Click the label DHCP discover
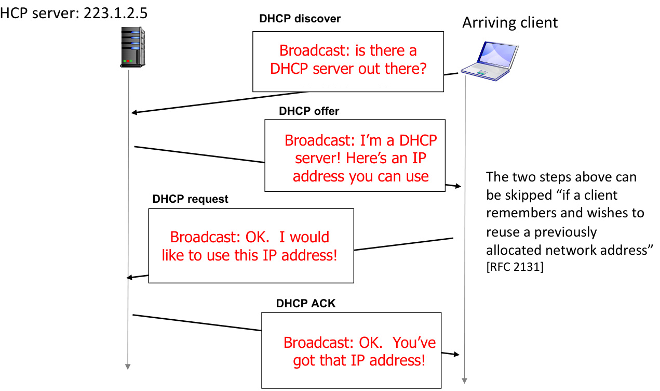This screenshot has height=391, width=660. coord(300,19)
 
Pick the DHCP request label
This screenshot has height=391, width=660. coord(190,200)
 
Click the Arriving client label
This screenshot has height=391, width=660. coord(510,22)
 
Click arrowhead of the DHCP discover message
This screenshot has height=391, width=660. coord(134,113)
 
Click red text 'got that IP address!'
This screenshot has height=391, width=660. coord(359,360)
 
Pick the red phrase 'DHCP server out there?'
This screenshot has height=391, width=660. coord(348,69)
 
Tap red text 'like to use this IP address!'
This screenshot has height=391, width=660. coord(250,255)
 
